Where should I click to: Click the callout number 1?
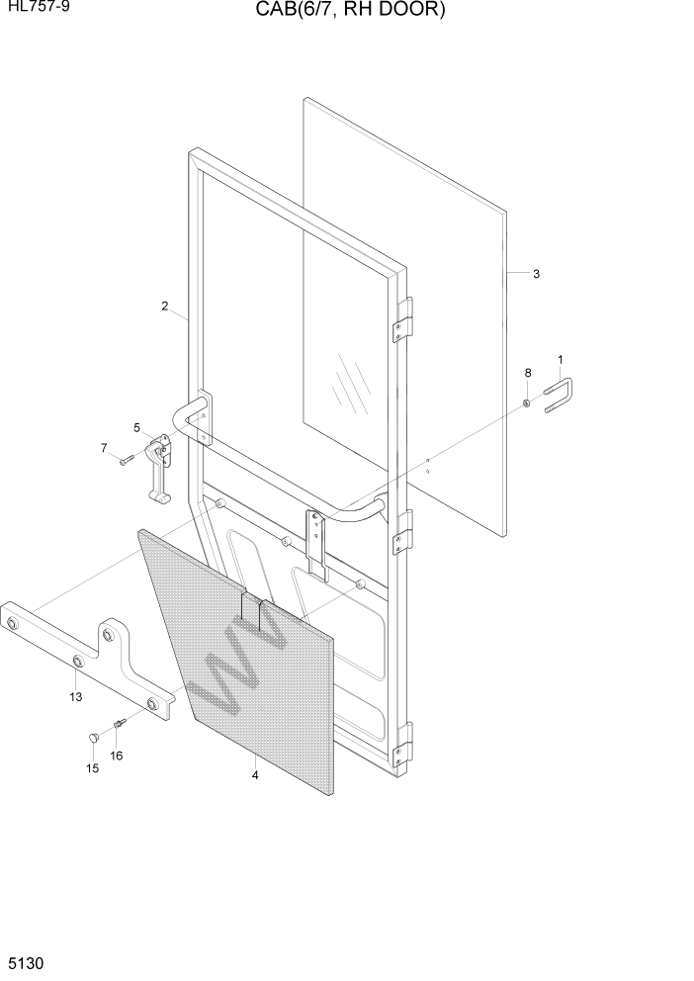pyautogui.click(x=561, y=360)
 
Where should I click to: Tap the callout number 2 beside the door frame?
pyautogui.click(x=165, y=306)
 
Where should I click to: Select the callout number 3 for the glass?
pyautogui.click(x=536, y=274)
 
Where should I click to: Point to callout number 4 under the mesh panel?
pyautogui.click(x=255, y=775)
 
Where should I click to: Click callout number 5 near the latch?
pyautogui.click(x=137, y=427)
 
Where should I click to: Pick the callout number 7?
pyautogui.click(x=103, y=448)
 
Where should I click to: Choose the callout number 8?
pyautogui.click(x=528, y=373)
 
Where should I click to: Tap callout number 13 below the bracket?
pyautogui.click(x=76, y=697)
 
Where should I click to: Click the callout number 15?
pyautogui.click(x=94, y=768)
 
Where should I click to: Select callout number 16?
pyautogui.click(x=117, y=756)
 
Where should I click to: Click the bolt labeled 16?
pyautogui.click(x=119, y=724)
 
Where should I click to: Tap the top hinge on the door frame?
pyautogui.click(x=402, y=319)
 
